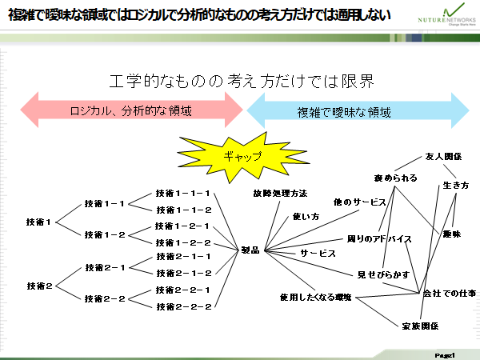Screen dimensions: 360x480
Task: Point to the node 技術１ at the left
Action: [x=38, y=221]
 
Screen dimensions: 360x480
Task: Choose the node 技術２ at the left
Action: [x=38, y=286]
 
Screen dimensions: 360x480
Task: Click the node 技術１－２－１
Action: [x=183, y=226]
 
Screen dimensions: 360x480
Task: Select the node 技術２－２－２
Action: [x=183, y=306]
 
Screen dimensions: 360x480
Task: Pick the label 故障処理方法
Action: [x=280, y=194]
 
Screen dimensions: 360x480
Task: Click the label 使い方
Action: [x=306, y=216]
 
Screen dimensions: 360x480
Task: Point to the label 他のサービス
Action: [x=360, y=202]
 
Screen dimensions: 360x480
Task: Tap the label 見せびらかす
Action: [x=383, y=274]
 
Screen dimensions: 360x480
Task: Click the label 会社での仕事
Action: [x=449, y=294]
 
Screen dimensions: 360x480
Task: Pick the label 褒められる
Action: [x=395, y=178]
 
